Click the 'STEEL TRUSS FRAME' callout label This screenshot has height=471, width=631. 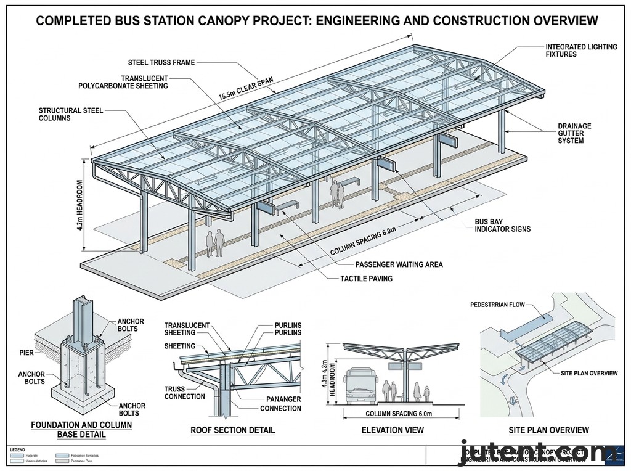click(x=162, y=62)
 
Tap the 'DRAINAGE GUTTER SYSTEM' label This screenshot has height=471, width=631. click(x=574, y=133)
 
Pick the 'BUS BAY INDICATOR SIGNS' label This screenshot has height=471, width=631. click(x=502, y=225)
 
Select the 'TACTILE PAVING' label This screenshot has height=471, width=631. click(x=367, y=279)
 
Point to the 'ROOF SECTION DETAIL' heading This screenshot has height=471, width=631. click(x=233, y=430)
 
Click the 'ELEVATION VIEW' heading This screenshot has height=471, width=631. click(x=393, y=430)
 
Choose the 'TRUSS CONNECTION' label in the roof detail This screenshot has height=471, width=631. click(x=184, y=393)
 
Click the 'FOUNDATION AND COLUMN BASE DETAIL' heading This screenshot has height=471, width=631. click(x=81, y=429)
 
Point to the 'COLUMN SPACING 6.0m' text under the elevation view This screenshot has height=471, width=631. click(x=399, y=413)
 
